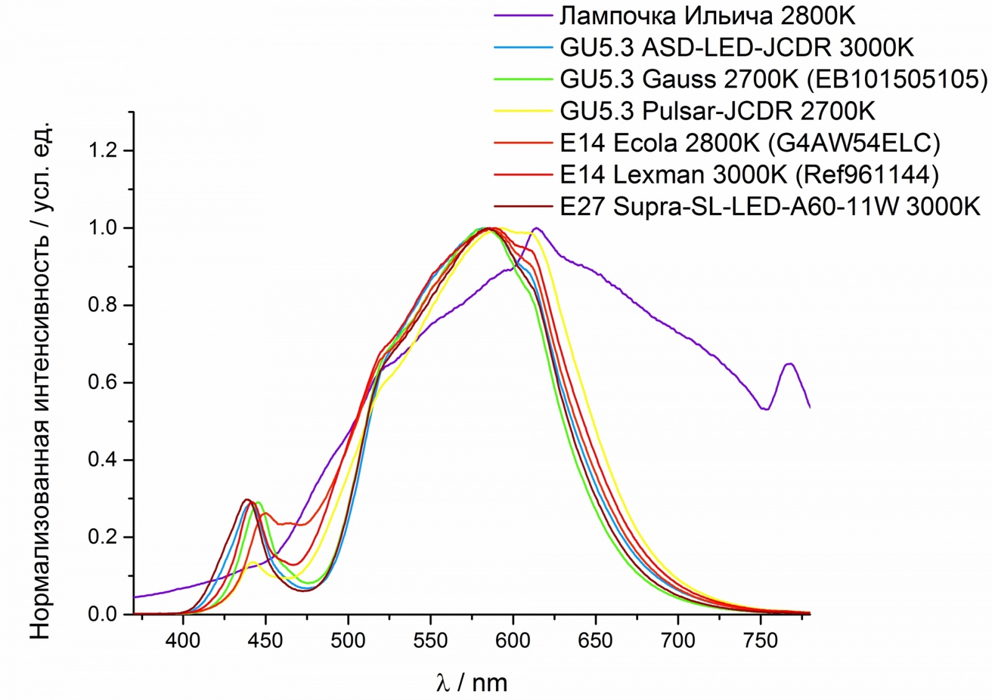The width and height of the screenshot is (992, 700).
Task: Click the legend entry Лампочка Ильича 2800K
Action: [x=707, y=16]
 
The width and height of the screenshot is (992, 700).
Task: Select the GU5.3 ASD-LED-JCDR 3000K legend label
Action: [x=737, y=48]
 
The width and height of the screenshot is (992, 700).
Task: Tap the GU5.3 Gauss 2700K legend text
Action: [x=773, y=79]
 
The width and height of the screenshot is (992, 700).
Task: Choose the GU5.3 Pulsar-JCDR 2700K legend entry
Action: [x=717, y=112]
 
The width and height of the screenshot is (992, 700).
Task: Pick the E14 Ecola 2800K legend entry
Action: [x=750, y=143]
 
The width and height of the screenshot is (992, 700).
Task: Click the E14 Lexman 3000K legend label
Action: [x=749, y=175]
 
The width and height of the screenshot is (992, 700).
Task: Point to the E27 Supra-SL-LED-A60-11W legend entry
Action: [x=770, y=206]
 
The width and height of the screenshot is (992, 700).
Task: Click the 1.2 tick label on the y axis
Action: [x=103, y=151]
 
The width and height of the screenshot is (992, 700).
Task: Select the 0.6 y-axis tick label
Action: [x=103, y=382]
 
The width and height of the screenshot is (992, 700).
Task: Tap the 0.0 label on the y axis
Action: [x=103, y=614]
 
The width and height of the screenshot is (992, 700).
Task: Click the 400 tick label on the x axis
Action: [x=183, y=640]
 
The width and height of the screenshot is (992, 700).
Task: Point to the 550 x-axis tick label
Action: [x=430, y=640]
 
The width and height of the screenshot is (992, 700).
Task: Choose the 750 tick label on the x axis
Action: [x=761, y=640]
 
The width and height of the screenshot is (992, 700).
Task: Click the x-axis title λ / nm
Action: [x=471, y=683]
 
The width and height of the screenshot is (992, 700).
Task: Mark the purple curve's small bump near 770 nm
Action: [x=789, y=364]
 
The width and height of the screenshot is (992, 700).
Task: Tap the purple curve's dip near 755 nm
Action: [x=767, y=409]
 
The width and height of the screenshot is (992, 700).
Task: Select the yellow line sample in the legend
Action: [x=523, y=112]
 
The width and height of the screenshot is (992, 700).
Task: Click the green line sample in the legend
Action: [x=523, y=79]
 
